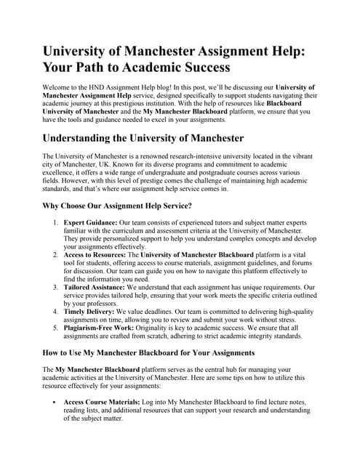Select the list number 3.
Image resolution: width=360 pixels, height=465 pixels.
click(55, 288)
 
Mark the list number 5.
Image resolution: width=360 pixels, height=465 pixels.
click(55, 328)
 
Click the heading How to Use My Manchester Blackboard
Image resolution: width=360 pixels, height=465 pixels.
click(148, 352)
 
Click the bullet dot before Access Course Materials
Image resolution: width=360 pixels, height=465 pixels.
click(57, 402)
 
